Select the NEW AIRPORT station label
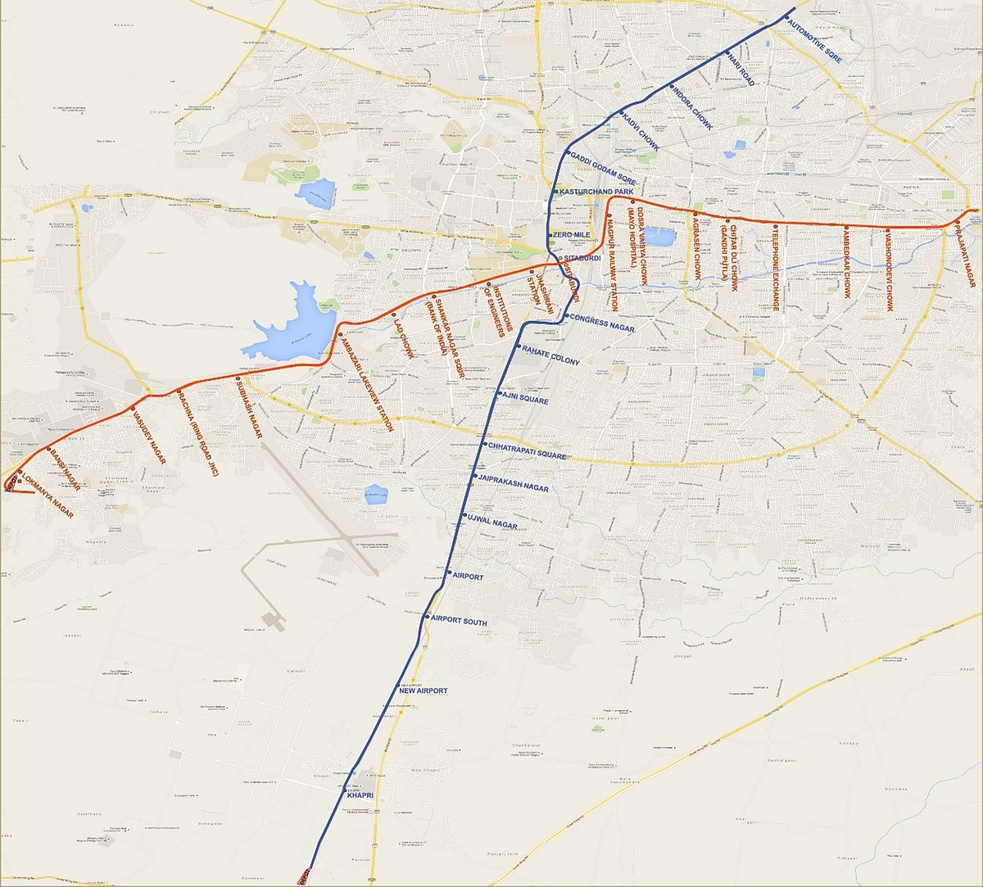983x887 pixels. point(423,691)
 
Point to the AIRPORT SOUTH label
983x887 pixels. point(459,622)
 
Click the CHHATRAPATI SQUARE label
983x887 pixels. point(528,450)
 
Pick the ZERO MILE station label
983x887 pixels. point(572,235)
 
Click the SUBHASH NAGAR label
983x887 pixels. point(247,410)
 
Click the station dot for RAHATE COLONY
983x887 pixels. point(516,348)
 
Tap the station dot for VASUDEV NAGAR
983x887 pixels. point(133,408)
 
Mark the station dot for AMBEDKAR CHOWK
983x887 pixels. point(846,228)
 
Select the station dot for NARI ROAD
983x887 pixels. point(727,54)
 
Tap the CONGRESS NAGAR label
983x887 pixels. point(602,322)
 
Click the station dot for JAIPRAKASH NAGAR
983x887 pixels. point(474,476)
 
